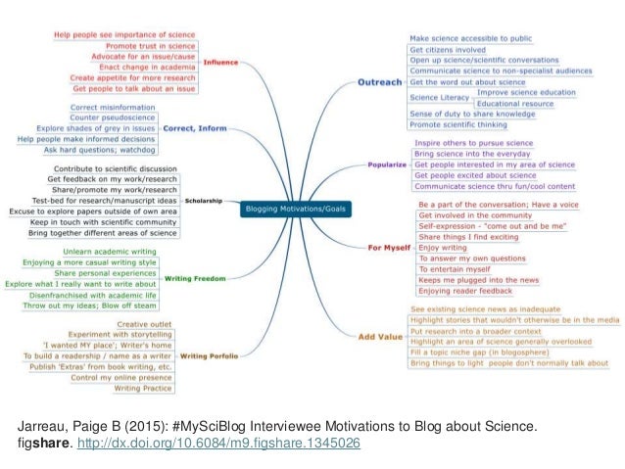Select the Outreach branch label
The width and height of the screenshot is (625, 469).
(x=380, y=82)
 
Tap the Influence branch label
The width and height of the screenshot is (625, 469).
(x=219, y=62)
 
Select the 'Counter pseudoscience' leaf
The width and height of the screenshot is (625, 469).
(x=151, y=117)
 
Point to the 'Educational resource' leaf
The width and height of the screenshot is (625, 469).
(x=515, y=103)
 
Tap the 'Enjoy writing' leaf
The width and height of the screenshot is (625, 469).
(x=442, y=248)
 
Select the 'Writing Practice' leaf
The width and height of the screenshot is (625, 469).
(x=144, y=389)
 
